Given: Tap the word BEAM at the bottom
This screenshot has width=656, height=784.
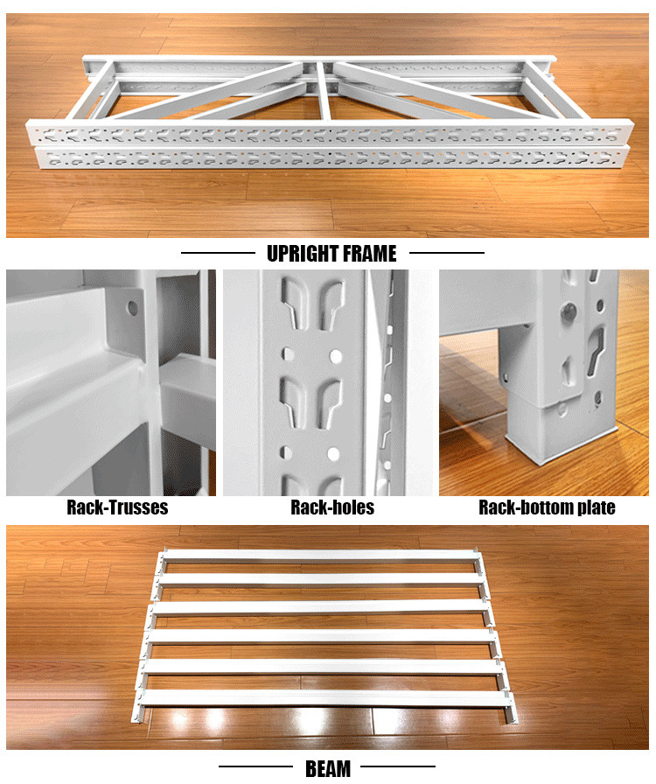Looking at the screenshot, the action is tap(328, 769).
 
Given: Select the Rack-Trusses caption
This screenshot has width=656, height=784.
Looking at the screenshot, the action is tap(117, 507).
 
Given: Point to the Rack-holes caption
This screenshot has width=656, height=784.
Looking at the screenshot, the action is tap(332, 507).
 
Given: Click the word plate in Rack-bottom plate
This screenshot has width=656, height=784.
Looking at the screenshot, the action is tap(596, 508).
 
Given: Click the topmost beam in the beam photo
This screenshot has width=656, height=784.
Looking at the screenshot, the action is tap(320, 555).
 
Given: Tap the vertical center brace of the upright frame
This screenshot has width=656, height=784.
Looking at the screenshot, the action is tap(324, 91).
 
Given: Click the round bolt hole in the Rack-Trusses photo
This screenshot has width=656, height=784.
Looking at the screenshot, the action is tap(132, 307).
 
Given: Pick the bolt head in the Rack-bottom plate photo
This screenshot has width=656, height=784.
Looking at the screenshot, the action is tap(569, 311).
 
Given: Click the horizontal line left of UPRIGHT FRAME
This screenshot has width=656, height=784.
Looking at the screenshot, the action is tap(218, 253).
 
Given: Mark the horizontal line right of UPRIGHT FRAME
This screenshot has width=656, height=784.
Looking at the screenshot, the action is tap(447, 253).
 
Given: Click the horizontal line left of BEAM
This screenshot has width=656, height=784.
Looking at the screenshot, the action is tap(255, 766).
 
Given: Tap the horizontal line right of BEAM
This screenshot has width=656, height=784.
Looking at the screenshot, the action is tap(398, 766).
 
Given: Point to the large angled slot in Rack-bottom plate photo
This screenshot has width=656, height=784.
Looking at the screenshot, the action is tap(596, 350).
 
